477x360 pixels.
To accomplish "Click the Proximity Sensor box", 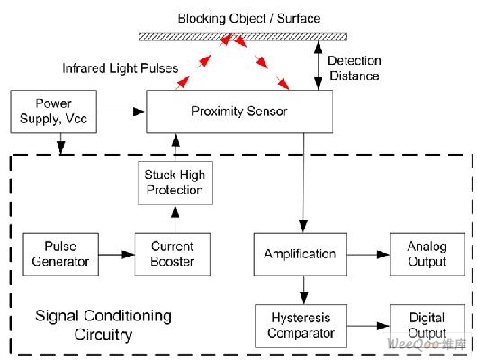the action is (239, 112).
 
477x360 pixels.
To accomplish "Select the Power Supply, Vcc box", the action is (54, 112).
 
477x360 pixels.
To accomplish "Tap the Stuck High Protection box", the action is (175, 183).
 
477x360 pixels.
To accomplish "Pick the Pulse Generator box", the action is (61, 255).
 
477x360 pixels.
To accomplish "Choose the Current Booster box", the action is (173, 255).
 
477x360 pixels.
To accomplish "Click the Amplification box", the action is (301, 255).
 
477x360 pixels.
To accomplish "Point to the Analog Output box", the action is (427, 255).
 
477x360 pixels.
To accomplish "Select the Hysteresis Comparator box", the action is (301, 326).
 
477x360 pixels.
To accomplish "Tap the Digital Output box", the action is (427, 326).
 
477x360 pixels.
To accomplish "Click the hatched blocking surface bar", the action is (243, 37).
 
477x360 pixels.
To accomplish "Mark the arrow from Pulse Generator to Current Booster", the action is (117, 255).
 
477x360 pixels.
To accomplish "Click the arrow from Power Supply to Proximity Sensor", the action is (121, 112).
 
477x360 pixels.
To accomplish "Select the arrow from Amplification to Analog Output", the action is (368, 255).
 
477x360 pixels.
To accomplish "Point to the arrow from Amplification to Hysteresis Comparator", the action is (303, 291).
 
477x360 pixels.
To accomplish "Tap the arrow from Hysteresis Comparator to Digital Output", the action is (368, 326).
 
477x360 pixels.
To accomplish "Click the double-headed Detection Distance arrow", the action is (319, 66).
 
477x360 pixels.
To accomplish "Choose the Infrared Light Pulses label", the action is (121, 68).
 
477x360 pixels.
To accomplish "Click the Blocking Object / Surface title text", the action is (249, 18).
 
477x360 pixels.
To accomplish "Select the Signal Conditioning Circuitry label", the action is (103, 325).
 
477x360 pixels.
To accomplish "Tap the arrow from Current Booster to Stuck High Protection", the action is (175, 219).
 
